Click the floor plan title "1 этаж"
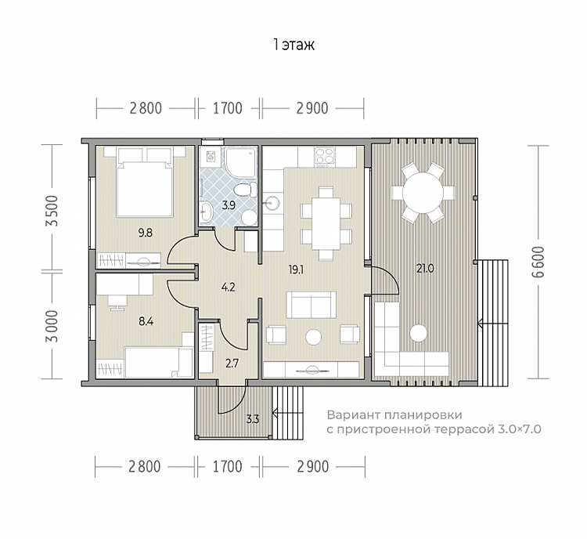tap(293, 45)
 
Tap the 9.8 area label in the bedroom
tap(146, 233)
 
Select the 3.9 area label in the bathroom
tap(228, 205)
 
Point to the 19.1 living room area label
tap(296, 269)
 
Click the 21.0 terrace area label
tap(425, 269)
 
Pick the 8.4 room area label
tap(146, 321)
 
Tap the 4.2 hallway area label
tap(228, 288)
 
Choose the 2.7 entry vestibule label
tap(232, 364)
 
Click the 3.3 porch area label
tap(253, 418)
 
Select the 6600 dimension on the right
tap(538, 262)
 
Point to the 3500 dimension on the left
tap(52, 210)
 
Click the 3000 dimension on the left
tap(52, 326)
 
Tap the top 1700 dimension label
tap(228, 108)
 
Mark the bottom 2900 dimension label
tap(313, 467)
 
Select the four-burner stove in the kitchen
tap(325, 157)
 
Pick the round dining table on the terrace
tap(423, 193)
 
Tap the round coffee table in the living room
tap(313, 338)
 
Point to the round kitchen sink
tap(271, 203)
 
